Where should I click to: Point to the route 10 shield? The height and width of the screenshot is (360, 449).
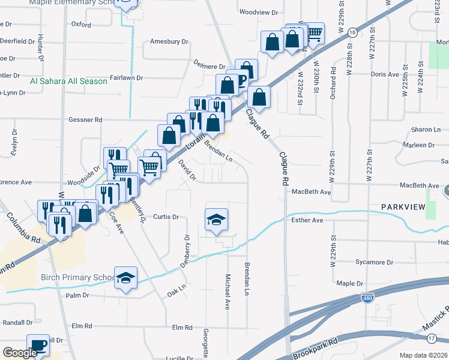point(352,31)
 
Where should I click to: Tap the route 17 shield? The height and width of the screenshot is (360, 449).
point(431,340)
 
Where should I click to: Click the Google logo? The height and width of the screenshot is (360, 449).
point(20,353)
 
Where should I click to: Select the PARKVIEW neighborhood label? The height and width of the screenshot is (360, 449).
point(402,207)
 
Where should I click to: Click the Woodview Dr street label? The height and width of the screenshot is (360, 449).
point(259,12)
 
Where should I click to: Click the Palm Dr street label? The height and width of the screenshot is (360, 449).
point(77,295)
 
